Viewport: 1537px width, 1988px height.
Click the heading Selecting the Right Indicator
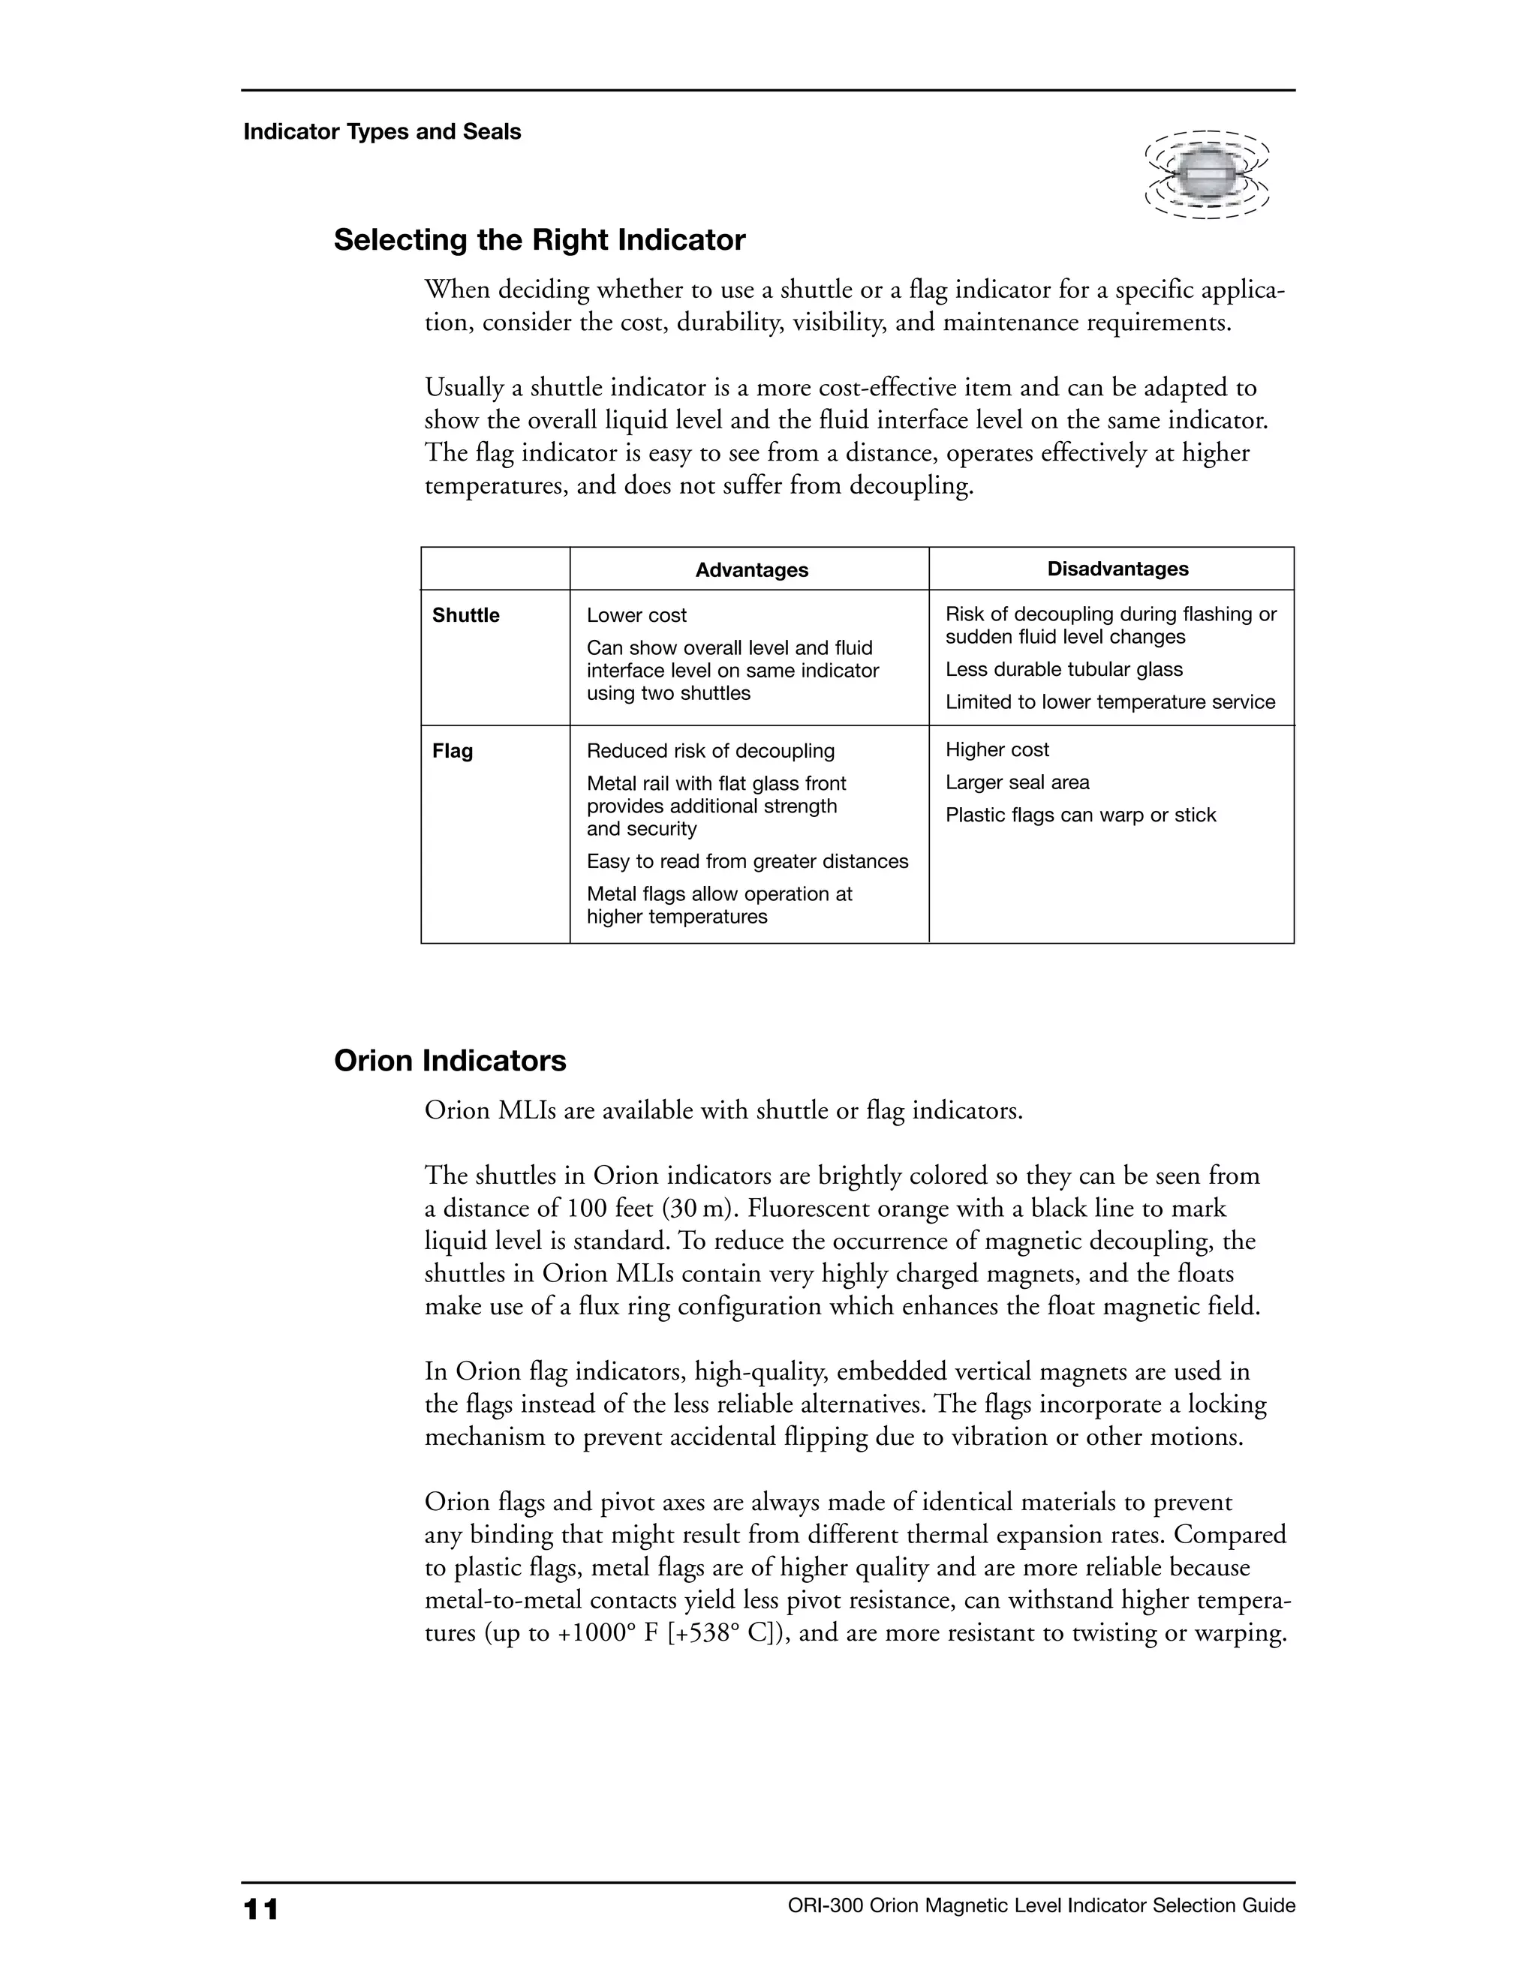click(x=539, y=240)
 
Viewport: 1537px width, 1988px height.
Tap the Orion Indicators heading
click(x=450, y=1062)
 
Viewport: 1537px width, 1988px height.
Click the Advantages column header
click(x=751, y=571)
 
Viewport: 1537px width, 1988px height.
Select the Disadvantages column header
click(x=1117, y=569)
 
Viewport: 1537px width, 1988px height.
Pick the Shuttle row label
click(x=465, y=616)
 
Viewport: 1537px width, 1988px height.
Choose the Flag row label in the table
click(x=453, y=752)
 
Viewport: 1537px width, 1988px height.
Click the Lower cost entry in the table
click(x=636, y=616)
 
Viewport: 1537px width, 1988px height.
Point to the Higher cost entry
click(x=997, y=750)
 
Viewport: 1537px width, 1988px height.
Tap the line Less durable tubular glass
click(x=1063, y=670)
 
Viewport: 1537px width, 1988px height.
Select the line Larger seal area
click(x=1017, y=782)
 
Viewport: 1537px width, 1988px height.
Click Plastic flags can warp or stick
click(x=1080, y=815)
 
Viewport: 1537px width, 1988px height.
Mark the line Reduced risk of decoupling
click(x=710, y=752)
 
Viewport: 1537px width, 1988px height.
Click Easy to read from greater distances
click(x=747, y=862)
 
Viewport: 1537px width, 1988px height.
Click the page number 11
click(x=260, y=1908)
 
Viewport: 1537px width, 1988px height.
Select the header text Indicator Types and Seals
click(x=381, y=133)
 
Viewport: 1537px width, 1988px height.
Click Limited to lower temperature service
click(x=1110, y=703)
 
